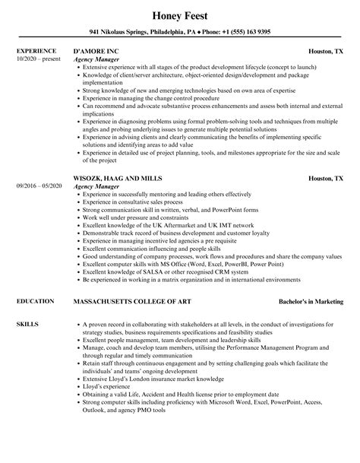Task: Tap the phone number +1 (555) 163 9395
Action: pyautogui.click(x=240, y=32)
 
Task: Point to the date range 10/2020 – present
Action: pyautogui.click(x=38, y=59)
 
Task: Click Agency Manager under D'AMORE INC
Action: pyautogui.click(x=96, y=59)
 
